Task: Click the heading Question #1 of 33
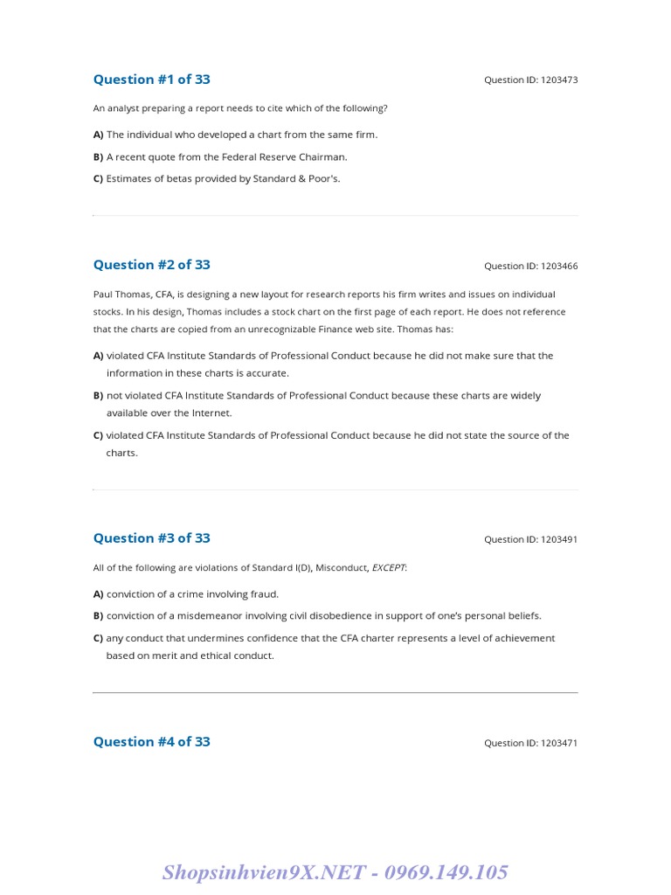click(x=151, y=80)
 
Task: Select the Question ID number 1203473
click(x=559, y=80)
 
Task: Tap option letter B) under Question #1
click(x=98, y=157)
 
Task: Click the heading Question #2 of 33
click(x=151, y=265)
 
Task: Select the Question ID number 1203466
click(x=559, y=267)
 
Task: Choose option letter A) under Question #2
click(x=98, y=356)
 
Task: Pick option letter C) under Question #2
click(x=98, y=435)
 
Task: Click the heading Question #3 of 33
click(x=151, y=538)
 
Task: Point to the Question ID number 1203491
click(x=559, y=540)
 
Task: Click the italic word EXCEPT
click(x=388, y=568)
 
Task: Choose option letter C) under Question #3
click(x=98, y=638)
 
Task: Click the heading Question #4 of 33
click(x=151, y=742)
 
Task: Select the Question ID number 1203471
click(x=559, y=744)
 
